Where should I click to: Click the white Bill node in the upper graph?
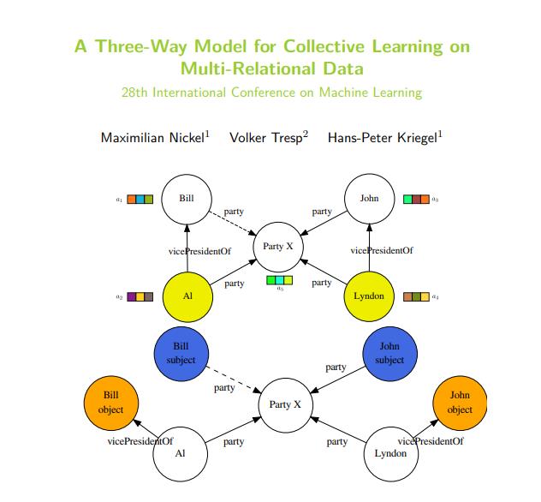(187, 198)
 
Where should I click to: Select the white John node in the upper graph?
(369, 198)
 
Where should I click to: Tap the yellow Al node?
(187, 296)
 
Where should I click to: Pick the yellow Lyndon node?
(369, 296)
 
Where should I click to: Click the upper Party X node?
(278, 247)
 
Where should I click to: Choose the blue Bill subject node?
(181, 353)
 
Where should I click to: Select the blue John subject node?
(389, 353)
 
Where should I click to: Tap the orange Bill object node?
(110, 403)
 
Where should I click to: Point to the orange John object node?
(460, 403)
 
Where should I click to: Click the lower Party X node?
(286, 403)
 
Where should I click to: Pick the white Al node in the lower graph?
(180, 453)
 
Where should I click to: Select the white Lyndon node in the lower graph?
(390, 453)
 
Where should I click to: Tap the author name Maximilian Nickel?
(155, 137)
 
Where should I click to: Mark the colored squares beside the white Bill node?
(140, 199)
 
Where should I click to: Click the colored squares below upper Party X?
(279, 279)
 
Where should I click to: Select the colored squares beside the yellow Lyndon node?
(416, 296)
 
